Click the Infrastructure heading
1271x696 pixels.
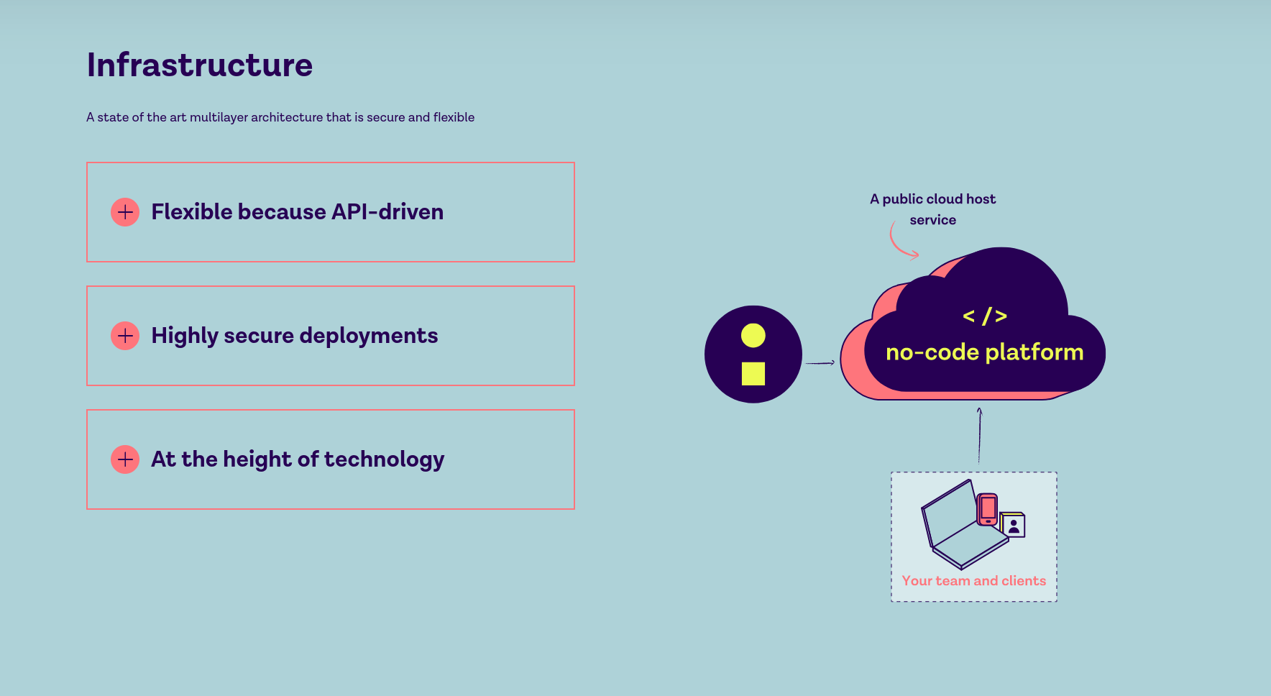200,65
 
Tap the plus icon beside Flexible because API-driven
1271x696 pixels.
125,212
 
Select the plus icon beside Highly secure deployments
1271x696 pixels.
125,336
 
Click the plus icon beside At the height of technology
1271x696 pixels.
125,459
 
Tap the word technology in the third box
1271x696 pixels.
384,460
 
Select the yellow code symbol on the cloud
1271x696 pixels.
985,316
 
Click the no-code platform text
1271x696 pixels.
985,352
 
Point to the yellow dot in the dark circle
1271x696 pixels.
753,335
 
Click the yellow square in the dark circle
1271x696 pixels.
753,374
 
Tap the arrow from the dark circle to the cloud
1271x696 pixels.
820,363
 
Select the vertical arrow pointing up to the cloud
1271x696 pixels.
979,436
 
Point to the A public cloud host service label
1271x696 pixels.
933,209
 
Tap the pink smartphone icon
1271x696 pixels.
988,509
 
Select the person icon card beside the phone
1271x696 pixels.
1013,525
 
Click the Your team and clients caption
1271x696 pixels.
974,581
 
